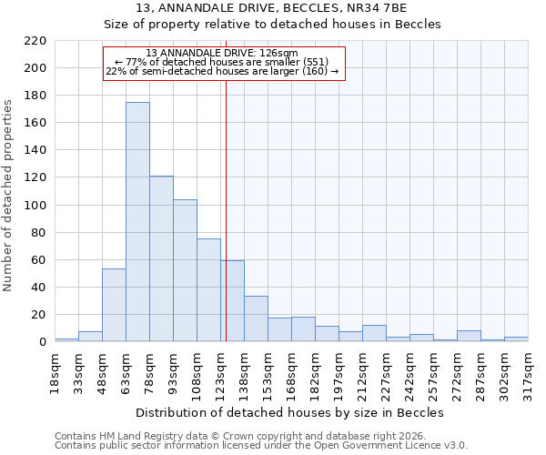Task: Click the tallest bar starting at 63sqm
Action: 137,222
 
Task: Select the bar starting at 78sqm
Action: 161,259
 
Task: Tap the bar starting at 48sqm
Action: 114,305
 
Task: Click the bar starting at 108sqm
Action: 208,290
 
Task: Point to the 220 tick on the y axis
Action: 35,41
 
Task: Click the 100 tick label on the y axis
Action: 35,206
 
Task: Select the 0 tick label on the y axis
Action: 43,342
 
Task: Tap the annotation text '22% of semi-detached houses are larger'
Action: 222,71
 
